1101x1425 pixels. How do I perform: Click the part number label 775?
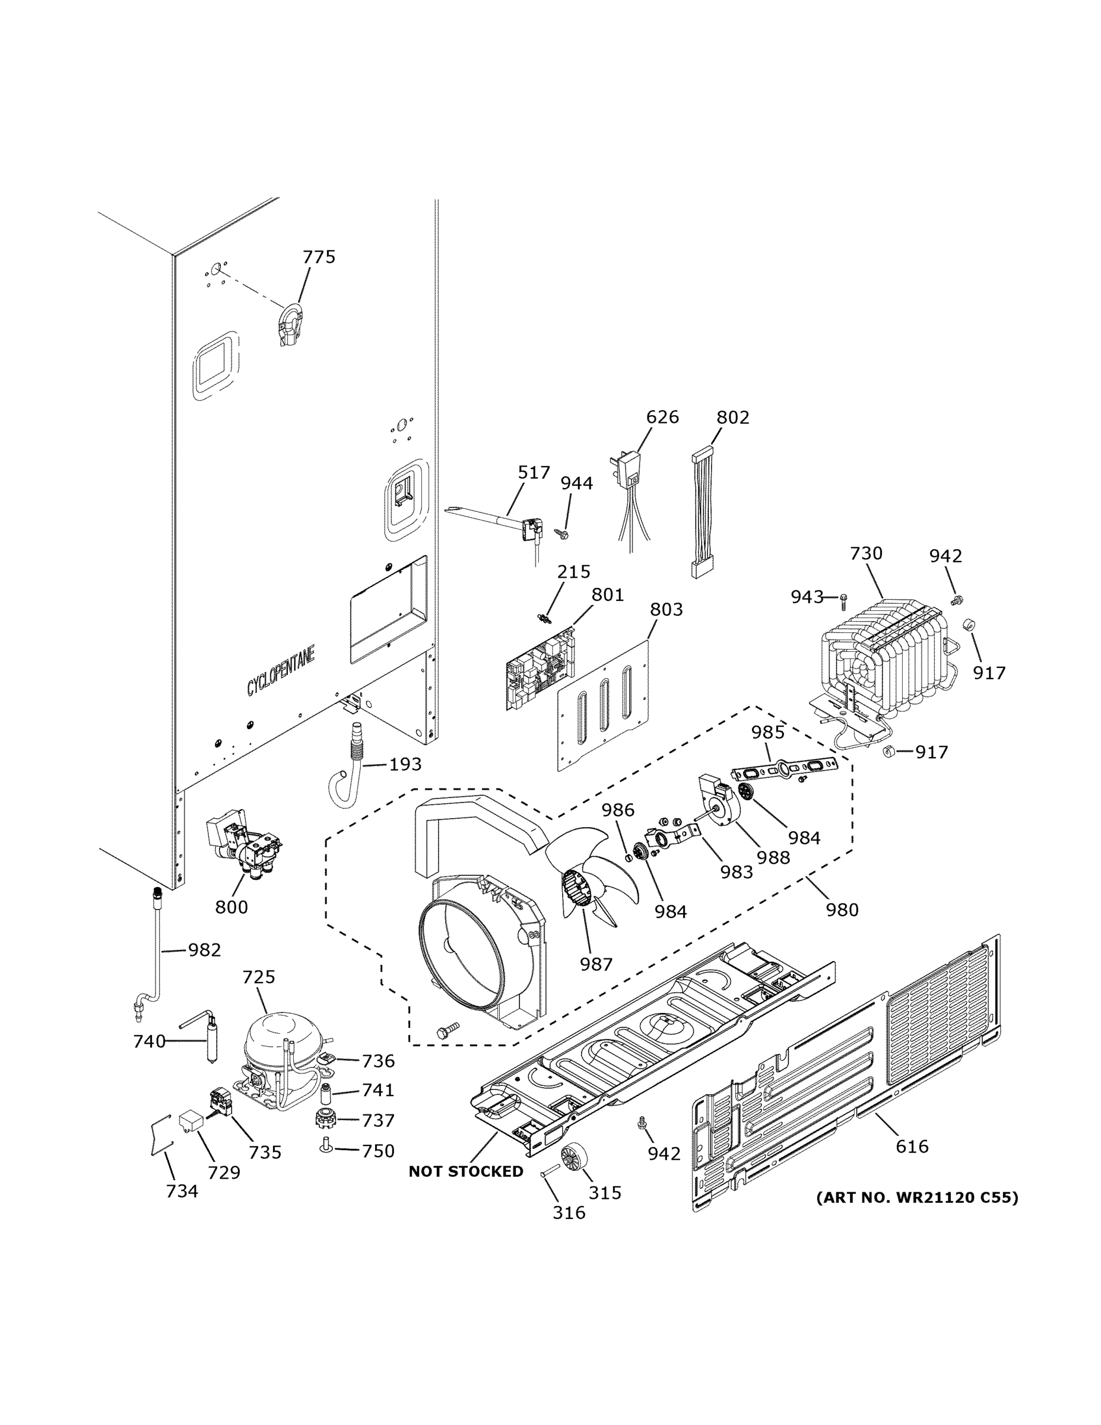(x=318, y=257)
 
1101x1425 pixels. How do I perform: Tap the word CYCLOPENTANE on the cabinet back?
(x=281, y=670)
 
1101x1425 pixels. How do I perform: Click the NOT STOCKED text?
(x=465, y=1172)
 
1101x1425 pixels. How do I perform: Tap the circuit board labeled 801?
(x=541, y=669)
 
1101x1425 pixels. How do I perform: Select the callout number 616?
(x=911, y=1146)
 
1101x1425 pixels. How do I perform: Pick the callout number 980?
(x=842, y=910)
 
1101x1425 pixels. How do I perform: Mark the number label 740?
(x=150, y=1041)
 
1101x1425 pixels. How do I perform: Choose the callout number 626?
(x=662, y=417)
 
